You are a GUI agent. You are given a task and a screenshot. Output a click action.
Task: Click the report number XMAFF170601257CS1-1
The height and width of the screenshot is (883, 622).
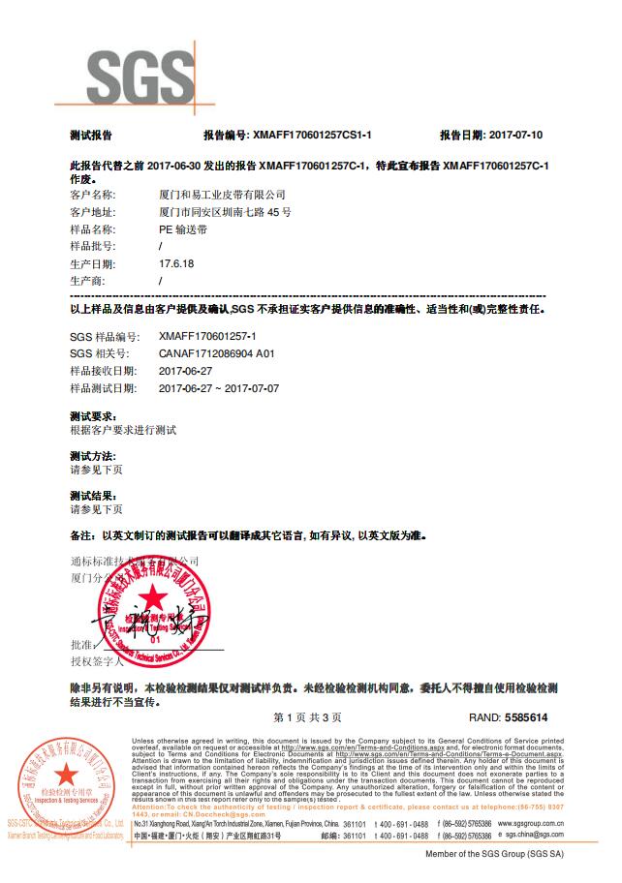tap(311, 136)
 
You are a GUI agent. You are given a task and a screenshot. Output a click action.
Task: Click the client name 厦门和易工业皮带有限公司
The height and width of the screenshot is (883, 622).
tap(222, 195)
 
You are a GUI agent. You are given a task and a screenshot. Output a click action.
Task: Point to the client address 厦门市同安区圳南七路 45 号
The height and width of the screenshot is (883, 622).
tap(224, 212)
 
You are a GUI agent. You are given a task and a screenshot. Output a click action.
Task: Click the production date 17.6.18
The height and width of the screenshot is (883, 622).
tap(176, 264)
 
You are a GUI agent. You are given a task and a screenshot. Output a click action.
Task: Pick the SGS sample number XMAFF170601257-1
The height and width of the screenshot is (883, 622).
tap(207, 336)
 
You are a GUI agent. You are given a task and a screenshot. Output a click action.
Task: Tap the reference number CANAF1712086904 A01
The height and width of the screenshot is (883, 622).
tap(217, 353)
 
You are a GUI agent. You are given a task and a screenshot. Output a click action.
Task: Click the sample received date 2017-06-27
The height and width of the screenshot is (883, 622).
tap(184, 371)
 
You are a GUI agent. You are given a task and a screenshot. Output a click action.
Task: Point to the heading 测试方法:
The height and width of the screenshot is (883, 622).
tap(93, 455)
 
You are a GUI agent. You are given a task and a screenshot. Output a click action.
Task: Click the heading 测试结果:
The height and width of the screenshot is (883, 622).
tap(93, 495)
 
